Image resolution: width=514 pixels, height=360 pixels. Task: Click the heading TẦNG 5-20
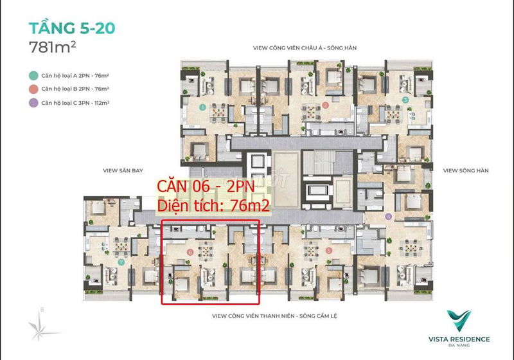(x=72, y=28)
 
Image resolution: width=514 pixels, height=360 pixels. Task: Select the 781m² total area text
(x=53, y=47)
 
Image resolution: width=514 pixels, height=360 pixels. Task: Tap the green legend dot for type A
(x=33, y=76)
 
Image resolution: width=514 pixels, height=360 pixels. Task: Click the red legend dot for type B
(x=33, y=89)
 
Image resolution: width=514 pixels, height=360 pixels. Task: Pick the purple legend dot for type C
(x=33, y=103)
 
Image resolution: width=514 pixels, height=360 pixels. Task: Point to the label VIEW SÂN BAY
(x=123, y=170)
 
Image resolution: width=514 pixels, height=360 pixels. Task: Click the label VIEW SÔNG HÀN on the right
(x=466, y=170)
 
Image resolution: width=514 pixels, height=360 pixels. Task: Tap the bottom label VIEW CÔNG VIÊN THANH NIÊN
(x=253, y=316)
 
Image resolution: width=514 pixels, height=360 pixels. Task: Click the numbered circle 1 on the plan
(x=202, y=107)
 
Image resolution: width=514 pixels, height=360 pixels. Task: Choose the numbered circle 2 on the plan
(x=325, y=105)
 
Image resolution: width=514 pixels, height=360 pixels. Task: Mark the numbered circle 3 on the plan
(x=405, y=100)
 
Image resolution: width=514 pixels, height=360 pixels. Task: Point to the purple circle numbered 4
(x=389, y=217)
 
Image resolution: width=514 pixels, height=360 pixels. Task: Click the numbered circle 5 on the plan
(x=329, y=251)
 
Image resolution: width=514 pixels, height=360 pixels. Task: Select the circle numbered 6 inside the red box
(x=190, y=252)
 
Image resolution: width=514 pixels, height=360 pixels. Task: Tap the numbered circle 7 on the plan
(x=121, y=262)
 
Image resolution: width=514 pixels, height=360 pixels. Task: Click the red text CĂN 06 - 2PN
(x=206, y=186)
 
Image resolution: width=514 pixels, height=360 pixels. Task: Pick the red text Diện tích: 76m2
(x=213, y=206)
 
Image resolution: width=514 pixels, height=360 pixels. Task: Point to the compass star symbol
(x=39, y=326)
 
